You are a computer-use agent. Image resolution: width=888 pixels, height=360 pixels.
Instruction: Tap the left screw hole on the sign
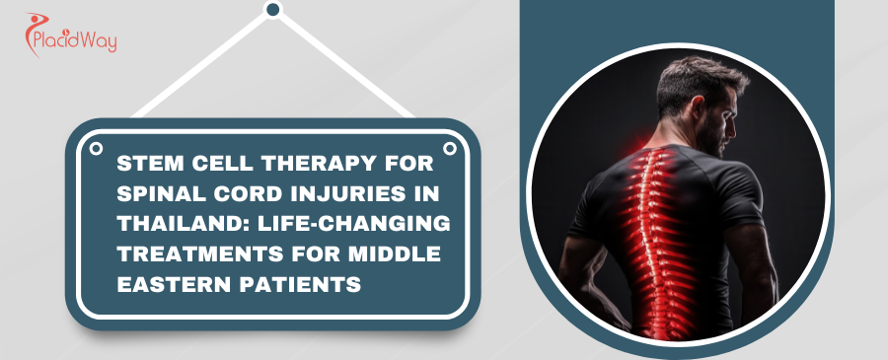96,149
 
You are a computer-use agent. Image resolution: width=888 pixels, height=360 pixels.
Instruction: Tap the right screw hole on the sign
450,149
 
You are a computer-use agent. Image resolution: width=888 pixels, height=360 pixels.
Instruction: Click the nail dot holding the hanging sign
273,10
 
